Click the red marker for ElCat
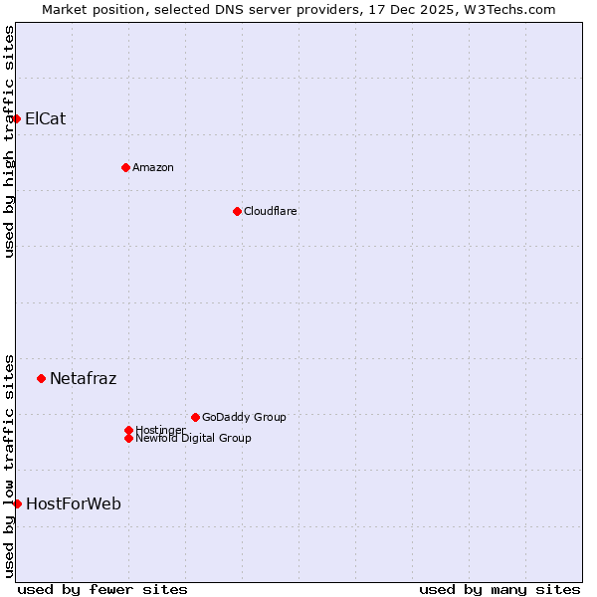(x=16, y=119)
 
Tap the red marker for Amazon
(x=125, y=167)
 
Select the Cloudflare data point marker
(x=237, y=211)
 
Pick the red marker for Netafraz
(x=41, y=378)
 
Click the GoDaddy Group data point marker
(x=195, y=417)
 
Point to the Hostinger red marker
(x=128, y=430)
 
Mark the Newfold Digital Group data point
(x=128, y=438)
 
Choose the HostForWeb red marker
(x=17, y=503)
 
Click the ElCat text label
(x=46, y=119)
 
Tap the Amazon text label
(x=153, y=167)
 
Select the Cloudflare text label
(x=271, y=211)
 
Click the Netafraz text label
(x=84, y=378)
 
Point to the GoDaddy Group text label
(x=244, y=417)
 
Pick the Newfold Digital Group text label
(x=194, y=439)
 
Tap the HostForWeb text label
(x=74, y=503)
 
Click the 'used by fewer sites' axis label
(x=102, y=590)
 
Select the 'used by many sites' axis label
(x=499, y=590)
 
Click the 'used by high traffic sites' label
(x=9, y=141)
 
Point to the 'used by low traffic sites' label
(x=9, y=466)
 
